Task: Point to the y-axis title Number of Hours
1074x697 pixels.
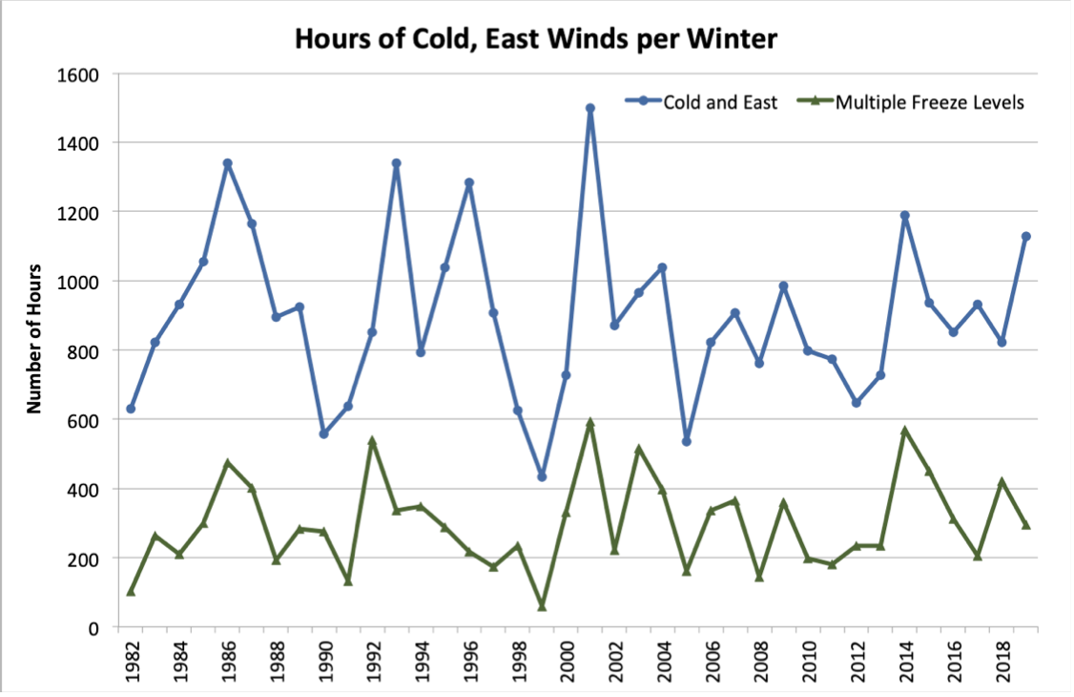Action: tap(35, 338)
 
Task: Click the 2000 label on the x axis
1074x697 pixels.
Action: tap(566, 659)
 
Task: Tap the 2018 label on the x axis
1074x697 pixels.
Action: tap(1001, 659)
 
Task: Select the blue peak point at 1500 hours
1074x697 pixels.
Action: tap(590, 109)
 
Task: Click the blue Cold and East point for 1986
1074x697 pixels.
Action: tap(227, 163)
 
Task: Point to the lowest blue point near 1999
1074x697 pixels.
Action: tap(542, 476)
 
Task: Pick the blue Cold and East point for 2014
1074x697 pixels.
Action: tap(904, 216)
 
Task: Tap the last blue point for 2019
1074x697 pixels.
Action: tap(1026, 237)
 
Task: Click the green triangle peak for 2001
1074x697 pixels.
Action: tap(590, 422)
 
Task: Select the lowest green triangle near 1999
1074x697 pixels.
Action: tap(542, 606)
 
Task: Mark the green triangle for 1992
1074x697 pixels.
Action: tap(372, 441)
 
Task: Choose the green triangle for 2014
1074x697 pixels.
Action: tap(904, 431)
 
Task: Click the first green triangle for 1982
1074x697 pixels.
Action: tap(131, 592)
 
